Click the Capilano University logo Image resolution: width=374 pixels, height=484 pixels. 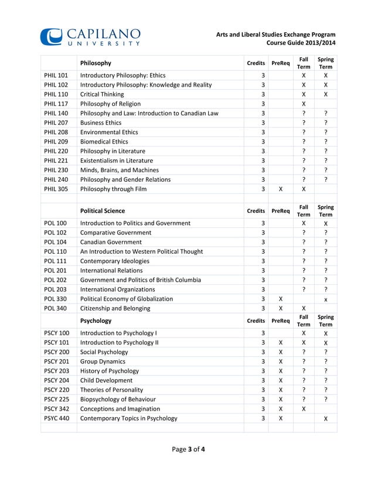90,36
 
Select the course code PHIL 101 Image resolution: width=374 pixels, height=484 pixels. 56,76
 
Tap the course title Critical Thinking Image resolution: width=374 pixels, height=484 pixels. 102,94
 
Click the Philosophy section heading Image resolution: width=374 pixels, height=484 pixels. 96,63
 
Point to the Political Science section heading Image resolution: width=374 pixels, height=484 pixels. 103,210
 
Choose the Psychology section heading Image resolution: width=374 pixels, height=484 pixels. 97,321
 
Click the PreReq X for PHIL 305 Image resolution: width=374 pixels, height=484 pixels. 281,189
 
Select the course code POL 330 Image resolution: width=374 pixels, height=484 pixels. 56,298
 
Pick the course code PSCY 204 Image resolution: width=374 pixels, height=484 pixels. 57,380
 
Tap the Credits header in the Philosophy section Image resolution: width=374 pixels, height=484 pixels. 256,63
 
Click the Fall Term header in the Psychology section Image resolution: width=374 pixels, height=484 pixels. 304,321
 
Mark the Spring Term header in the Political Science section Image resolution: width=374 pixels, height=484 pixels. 325,210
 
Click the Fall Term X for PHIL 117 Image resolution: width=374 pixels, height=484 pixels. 304,104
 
